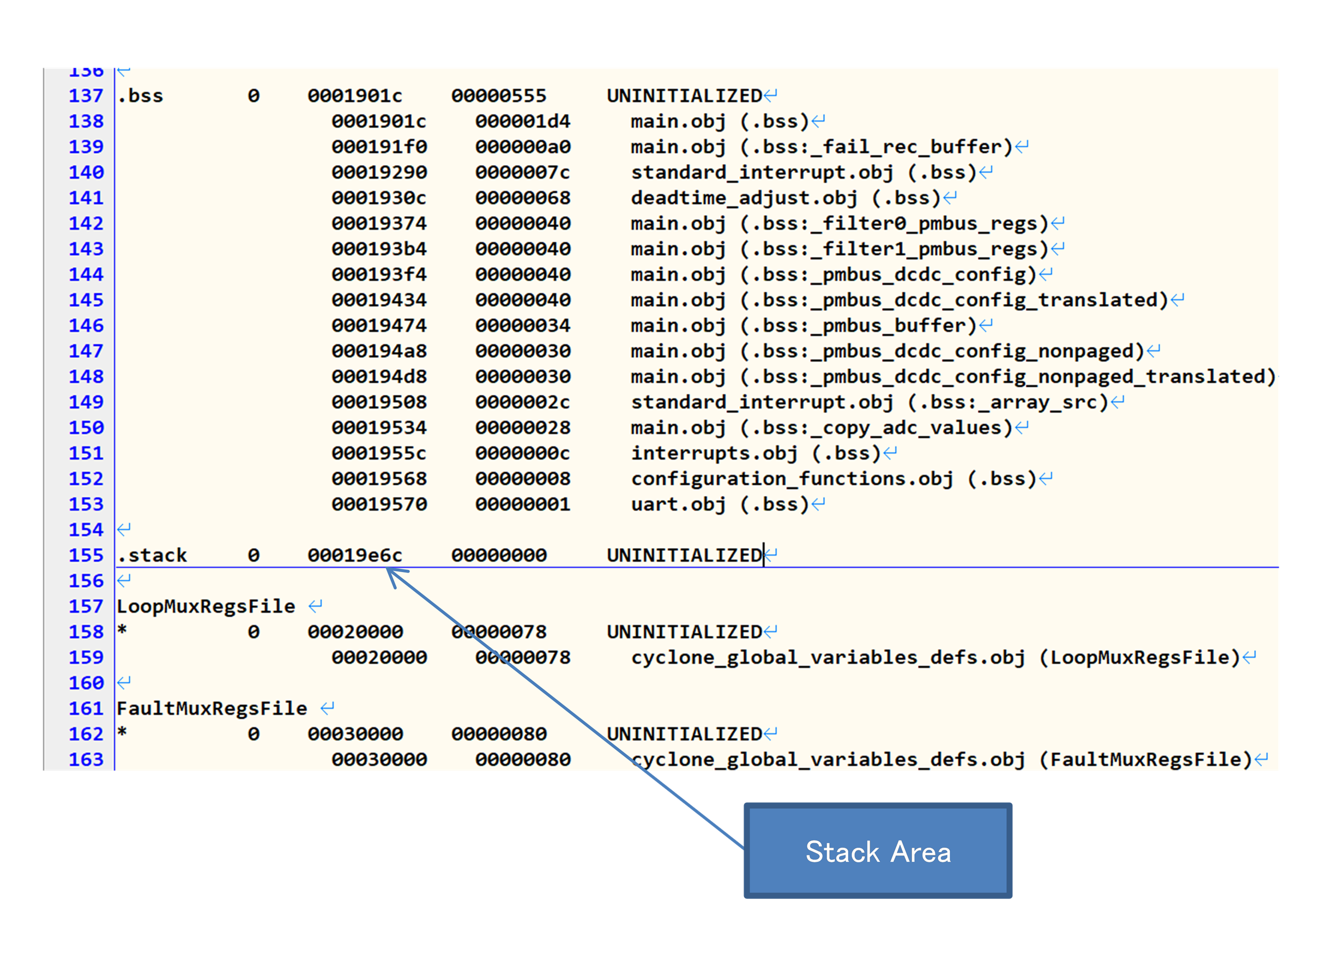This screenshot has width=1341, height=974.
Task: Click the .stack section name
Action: [152, 555]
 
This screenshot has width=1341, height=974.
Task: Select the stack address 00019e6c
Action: [355, 555]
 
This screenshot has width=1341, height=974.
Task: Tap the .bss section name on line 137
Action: [140, 96]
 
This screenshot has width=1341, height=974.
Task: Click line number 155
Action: [86, 555]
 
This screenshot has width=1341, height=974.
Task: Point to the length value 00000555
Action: [499, 96]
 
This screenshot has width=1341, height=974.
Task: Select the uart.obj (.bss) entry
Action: [720, 504]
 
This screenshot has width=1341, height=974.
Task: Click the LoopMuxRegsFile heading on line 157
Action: [206, 606]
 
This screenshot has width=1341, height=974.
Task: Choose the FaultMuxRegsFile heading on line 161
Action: [212, 708]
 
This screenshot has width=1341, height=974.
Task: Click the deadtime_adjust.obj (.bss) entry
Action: [785, 198]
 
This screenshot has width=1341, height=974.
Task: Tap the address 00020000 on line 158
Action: [355, 632]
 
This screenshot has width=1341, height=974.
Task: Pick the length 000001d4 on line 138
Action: [523, 121]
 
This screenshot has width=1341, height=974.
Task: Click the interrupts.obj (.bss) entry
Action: [756, 454]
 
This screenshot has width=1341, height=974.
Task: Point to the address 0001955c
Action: [379, 454]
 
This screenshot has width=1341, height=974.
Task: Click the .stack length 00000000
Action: [499, 555]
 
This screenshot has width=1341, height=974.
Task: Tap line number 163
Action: [86, 759]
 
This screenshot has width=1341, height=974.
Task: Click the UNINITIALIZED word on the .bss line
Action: [685, 96]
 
